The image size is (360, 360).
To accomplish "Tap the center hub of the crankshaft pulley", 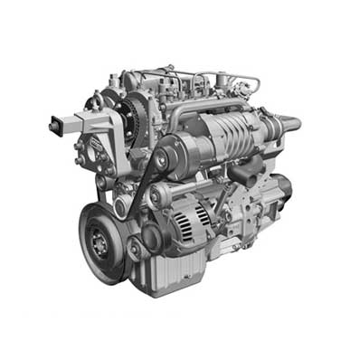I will pos(100,242).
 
